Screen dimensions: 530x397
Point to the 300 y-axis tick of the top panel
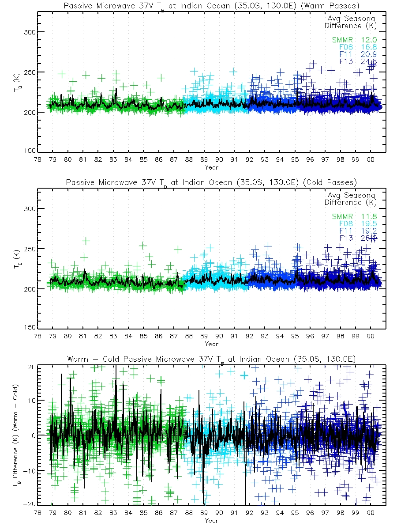30,32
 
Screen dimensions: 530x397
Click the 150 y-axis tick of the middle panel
30,328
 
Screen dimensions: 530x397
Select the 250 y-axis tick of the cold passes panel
30,249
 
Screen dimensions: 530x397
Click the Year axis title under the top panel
211,167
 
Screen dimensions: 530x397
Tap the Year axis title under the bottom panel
211,521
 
